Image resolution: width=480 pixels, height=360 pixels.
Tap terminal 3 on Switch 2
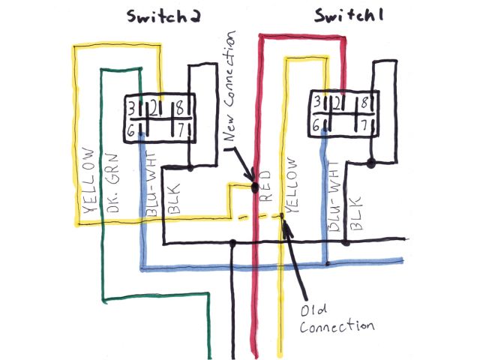[132, 107]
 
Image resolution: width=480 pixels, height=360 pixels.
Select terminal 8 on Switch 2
[181, 107]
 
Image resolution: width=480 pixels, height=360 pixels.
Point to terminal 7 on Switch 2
[181, 129]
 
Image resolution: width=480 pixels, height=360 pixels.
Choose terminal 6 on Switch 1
[319, 125]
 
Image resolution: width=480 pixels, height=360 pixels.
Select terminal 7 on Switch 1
[364, 124]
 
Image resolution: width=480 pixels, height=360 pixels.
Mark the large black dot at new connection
[256, 184]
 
